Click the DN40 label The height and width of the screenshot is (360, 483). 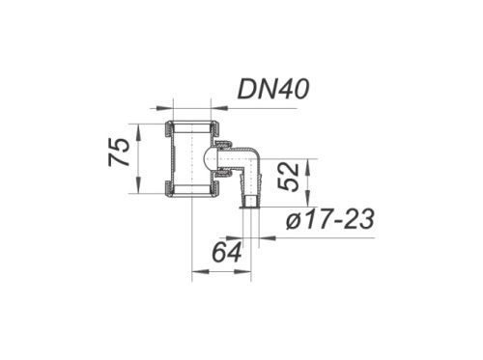tap(273, 89)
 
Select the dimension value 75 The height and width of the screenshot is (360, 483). tap(119, 152)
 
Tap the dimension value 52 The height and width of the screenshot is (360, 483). tap(288, 178)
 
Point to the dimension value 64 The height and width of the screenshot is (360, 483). tap(227, 252)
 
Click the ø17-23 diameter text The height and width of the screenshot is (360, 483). tap(330, 219)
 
